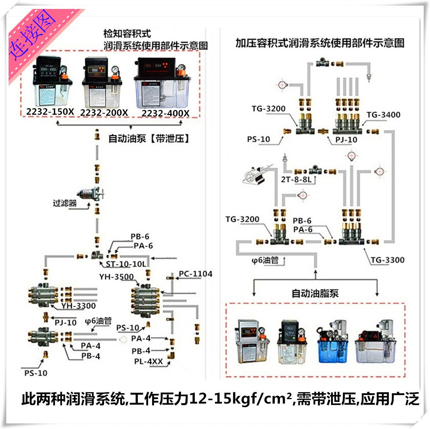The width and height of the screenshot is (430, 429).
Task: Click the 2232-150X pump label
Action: pyautogui.click(x=50, y=112)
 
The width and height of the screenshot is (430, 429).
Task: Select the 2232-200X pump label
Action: pyautogui.click(x=104, y=113)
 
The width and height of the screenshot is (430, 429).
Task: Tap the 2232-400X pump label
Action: pyautogui.click(x=165, y=113)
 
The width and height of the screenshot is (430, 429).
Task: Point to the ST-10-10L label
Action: pyautogui.click(x=126, y=264)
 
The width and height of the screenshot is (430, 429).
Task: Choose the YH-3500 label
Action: pyautogui.click(x=116, y=277)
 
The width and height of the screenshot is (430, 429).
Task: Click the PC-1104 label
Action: pyautogui.click(x=195, y=274)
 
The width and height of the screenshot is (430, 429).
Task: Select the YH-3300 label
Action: pyautogui.click(x=79, y=306)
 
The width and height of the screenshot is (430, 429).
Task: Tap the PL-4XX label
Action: pyautogui.click(x=148, y=361)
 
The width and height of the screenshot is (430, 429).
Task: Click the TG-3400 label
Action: pyautogui.click(x=383, y=115)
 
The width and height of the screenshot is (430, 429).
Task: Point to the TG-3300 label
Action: pyautogui.click(x=387, y=260)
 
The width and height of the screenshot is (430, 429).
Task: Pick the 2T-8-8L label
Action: pyautogui.click(x=296, y=179)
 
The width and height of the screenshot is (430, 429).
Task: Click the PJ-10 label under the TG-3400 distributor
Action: pyautogui.click(x=346, y=140)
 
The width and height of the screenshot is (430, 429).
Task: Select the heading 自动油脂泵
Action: pyautogui.click(x=315, y=294)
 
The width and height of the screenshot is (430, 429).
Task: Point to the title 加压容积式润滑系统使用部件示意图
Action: pyautogui.click(x=320, y=43)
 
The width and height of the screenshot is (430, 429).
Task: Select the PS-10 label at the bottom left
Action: pyautogui.click(x=36, y=373)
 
